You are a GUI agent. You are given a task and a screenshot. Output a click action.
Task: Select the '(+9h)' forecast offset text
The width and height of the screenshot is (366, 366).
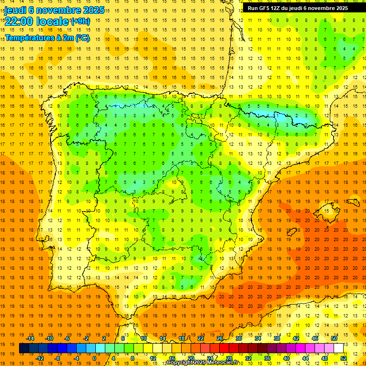80,21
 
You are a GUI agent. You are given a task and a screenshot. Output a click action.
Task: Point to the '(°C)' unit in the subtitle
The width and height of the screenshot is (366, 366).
82,38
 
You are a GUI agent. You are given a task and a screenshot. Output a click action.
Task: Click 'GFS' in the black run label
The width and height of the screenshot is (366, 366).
266,8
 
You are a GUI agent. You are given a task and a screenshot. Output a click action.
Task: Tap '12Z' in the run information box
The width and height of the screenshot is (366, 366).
280,8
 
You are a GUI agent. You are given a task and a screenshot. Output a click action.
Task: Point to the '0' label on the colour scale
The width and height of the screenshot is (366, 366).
94,358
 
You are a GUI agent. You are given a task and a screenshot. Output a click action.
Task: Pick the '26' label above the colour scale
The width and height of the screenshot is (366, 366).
220,338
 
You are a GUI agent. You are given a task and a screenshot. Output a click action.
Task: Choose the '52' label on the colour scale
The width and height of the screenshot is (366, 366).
344,358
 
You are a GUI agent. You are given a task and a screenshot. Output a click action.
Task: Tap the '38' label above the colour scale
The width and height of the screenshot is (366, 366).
277,338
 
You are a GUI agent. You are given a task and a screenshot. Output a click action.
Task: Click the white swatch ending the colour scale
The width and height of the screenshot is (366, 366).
338,348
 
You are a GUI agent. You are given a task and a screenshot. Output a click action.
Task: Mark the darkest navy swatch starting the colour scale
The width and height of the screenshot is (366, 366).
24,348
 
